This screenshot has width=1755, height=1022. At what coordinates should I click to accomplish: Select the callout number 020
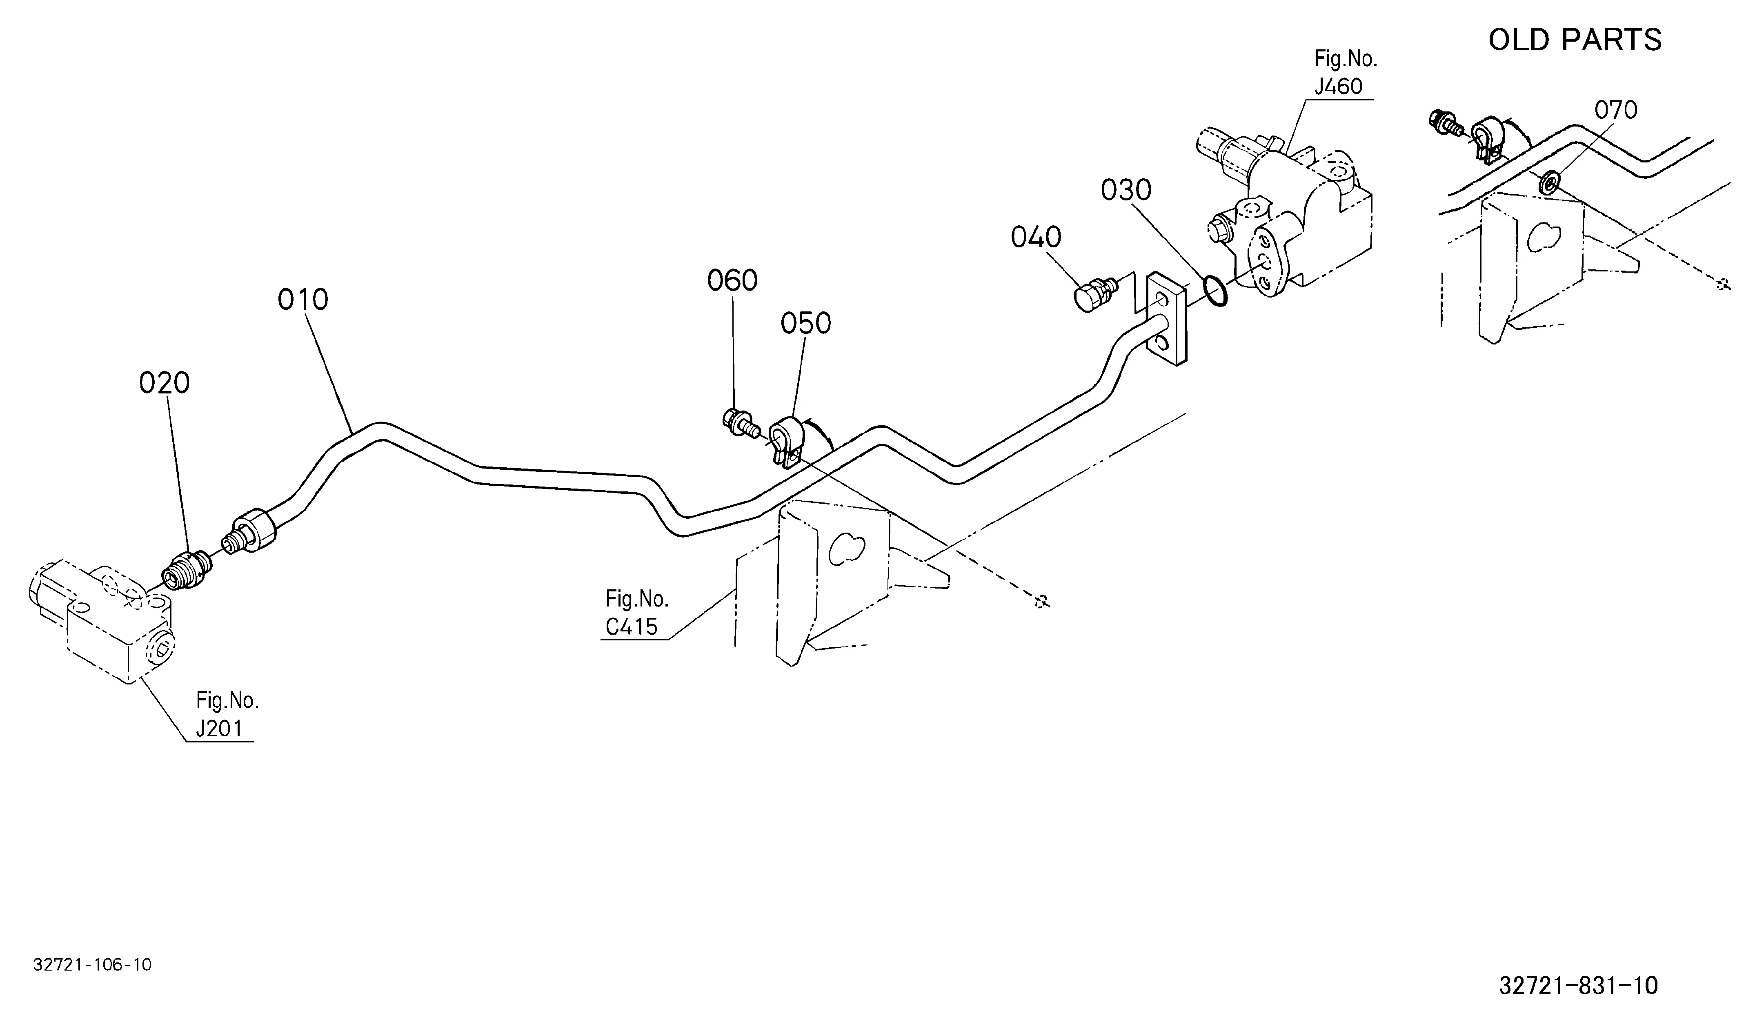pyautogui.click(x=165, y=383)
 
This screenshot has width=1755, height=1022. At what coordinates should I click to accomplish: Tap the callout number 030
pyautogui.click(x=1126, y=190)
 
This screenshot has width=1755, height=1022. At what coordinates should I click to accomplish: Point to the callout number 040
pyautogui.click(x=1036, y=238)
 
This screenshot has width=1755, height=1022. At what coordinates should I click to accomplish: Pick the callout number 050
pyautogui.click(x=806, y=324)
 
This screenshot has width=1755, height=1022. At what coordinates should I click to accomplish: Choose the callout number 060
pyautogui.click(x=732, y=280)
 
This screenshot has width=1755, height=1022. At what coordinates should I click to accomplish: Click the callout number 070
pyautogui.click(x=1616, y=110)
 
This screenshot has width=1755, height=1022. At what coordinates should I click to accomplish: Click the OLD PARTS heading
pyautogui.click(x=1575, y=40)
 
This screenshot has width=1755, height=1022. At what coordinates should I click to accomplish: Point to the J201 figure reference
pyautogui.click(x=219, y=729)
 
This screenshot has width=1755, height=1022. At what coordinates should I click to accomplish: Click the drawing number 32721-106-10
pyautogui.click(x=93, y=965)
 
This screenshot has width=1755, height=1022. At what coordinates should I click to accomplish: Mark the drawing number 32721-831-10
pyautogui.click(x=1578, y=985)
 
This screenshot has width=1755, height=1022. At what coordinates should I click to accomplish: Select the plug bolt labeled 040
pyautogui.click(x=1095, y=295)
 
